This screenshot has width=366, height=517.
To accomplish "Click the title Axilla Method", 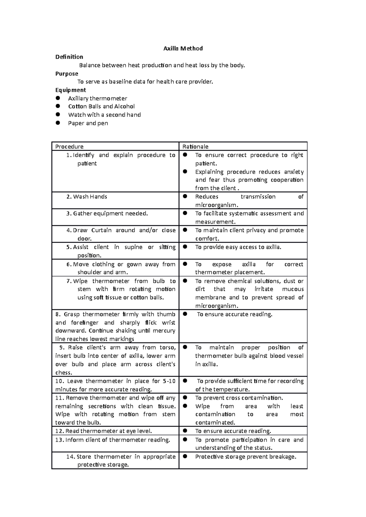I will [x=183, y=48].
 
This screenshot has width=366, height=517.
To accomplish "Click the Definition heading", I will [x=69, y=57].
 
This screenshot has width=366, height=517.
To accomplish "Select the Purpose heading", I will [x=67, y=74].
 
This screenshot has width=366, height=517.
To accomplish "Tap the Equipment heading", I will [x=70, y=90].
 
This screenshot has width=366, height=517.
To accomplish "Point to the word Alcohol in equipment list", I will [x=124, y=107].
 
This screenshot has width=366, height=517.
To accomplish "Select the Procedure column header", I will [x=69, y=146].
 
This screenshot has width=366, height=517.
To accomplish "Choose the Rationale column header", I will [x=195, y=146].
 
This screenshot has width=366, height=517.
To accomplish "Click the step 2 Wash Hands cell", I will [x=90, y=197].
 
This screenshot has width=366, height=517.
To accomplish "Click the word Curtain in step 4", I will [x=102, y=230].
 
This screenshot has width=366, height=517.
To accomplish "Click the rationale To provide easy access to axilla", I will [x=238, y=247].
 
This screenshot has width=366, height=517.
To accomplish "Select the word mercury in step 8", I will [x=165, y=331].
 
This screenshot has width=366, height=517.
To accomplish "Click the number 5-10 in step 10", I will [x=169, y=381].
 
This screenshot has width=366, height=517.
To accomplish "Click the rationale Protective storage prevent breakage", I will [x=246, y=457].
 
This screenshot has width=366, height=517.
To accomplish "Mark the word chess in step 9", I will [x=63, y=373].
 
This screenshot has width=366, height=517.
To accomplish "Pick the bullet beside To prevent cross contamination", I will [x=185, y=398].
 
